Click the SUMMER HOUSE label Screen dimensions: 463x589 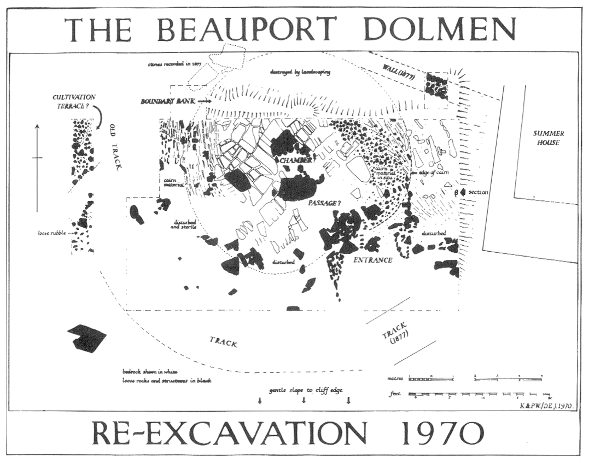(548, 137)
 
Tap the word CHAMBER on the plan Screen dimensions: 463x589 (296, 160)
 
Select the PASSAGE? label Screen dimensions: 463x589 (324, 203)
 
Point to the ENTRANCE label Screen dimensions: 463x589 (373, 260)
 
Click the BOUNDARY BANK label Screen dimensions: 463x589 (168, 101)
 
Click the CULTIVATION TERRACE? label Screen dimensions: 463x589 (74, 101)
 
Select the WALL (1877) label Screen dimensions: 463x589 (399, 72)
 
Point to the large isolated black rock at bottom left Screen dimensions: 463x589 (86, 339)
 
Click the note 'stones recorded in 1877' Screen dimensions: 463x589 (174, 65)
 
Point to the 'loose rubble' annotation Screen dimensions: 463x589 (52, 233)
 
